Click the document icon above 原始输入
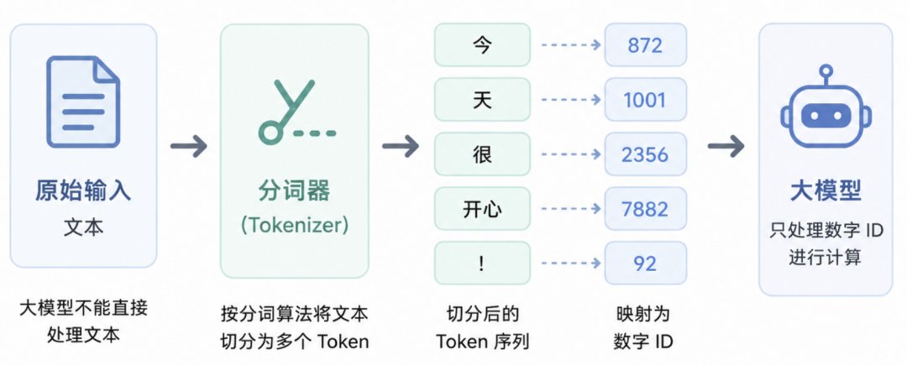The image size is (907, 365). tap(83, 101)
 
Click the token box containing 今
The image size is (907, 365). tap(482, 45)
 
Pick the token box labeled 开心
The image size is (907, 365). tap(482, 209)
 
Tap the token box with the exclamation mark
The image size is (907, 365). tap(482, 263)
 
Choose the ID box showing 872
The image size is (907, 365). tap(645, 45)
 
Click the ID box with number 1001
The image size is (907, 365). tap(645, 100)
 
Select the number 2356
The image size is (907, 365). tap(645, 154)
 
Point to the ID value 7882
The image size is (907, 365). tap(645, 209)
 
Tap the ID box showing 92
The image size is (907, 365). tap(645, 263)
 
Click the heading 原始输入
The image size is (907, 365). tap(83, 191)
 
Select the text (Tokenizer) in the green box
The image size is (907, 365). tap(295, 225)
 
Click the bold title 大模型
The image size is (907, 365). tap(826, 190)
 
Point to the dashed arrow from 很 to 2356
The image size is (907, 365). tap(570, 154)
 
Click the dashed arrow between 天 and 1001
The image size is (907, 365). tap(570, 100)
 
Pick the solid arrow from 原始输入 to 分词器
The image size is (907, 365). tap(189, 145)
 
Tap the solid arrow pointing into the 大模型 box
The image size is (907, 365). tap(726, 145)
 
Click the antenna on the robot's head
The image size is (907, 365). tap(826, 75)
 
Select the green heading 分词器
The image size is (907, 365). tap(295, 190)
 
